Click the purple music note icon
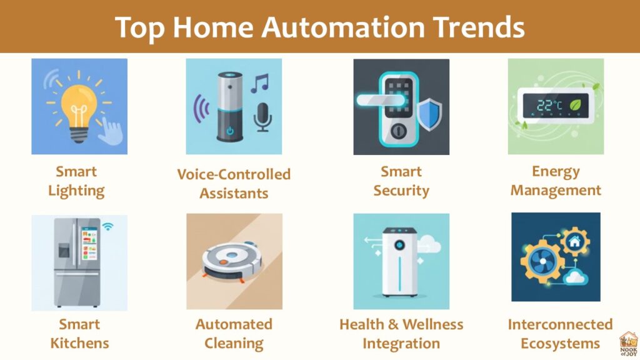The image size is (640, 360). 259,83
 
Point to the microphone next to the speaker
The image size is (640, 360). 262,117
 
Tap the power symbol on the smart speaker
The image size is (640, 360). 230,131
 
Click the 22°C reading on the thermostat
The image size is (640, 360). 549,105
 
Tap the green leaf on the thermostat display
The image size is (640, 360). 576,105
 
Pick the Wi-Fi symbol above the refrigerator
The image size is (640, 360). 107,226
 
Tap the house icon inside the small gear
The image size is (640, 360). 575,242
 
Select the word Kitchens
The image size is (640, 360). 79,343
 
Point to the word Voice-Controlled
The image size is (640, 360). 234,174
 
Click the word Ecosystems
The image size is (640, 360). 560,344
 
